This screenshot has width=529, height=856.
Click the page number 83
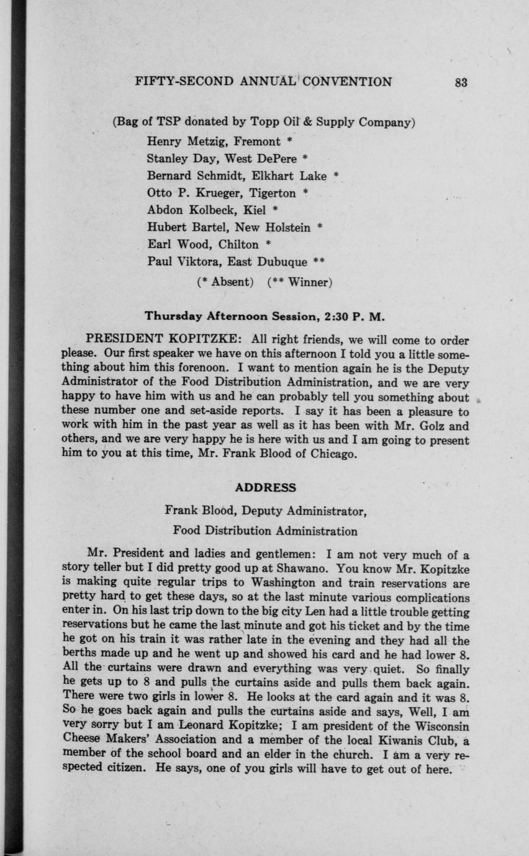[x=461, y=82]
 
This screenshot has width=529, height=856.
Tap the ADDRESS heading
[x=265, y=488]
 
